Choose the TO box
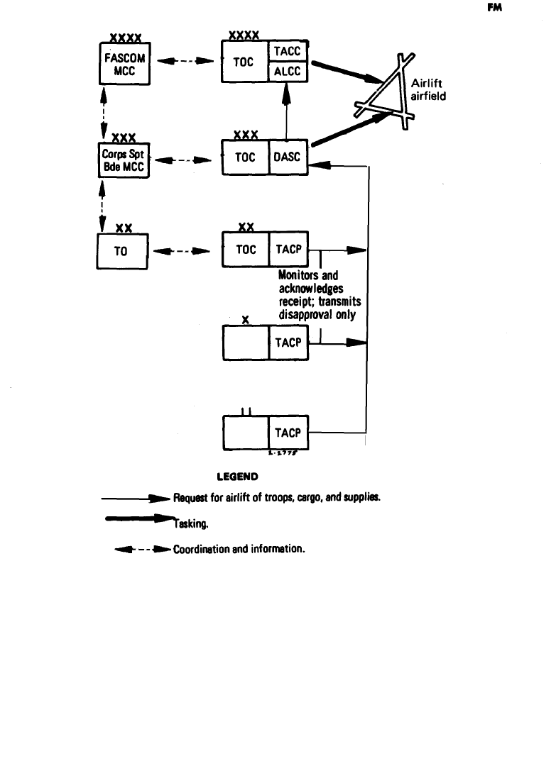121,251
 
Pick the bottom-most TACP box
288,433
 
